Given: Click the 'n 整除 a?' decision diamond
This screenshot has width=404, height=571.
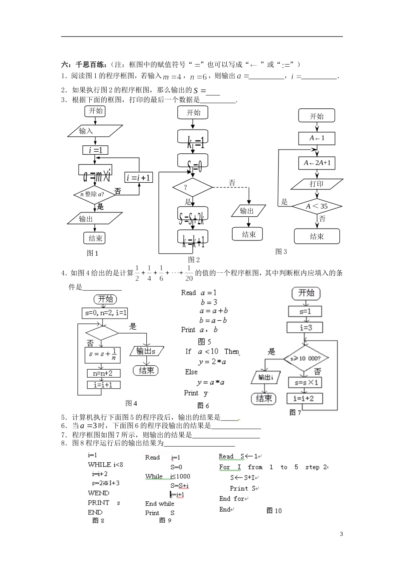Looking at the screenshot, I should (x=95, y=194).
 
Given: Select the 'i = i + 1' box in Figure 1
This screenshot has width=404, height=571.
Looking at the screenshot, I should (x=139, y=178).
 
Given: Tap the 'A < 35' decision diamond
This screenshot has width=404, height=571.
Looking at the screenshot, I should (x=317, y=206).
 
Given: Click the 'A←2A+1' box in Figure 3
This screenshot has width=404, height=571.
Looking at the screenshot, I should (x=317, y=163).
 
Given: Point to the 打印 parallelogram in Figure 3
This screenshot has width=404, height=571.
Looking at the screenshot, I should (x=317, y=184).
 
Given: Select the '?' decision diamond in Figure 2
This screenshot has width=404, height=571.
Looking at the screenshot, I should (x=192, y=187).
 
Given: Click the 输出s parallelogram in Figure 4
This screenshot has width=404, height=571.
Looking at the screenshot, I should (x=146, y=351).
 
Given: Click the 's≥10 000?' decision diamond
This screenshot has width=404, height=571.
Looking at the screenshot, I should (x=305, y=358).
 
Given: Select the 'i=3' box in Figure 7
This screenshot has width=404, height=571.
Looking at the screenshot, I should (x=305, y=327).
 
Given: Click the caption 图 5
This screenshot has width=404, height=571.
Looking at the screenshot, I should (x=205, y=342).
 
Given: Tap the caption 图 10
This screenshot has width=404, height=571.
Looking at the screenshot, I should (x=274, y=511).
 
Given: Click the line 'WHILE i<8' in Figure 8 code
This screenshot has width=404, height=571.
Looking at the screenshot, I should (x=105, y=464).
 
